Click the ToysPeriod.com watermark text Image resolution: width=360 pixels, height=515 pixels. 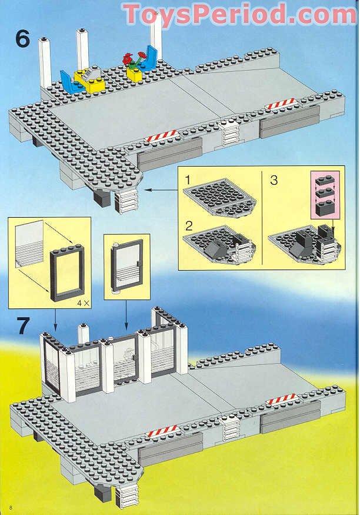(x=239, y=14)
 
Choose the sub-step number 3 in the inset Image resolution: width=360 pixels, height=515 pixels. (x=274, y=180)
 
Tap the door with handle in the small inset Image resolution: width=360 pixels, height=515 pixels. (x=126, y=267)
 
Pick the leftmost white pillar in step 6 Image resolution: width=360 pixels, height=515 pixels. (x=44, y=62)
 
